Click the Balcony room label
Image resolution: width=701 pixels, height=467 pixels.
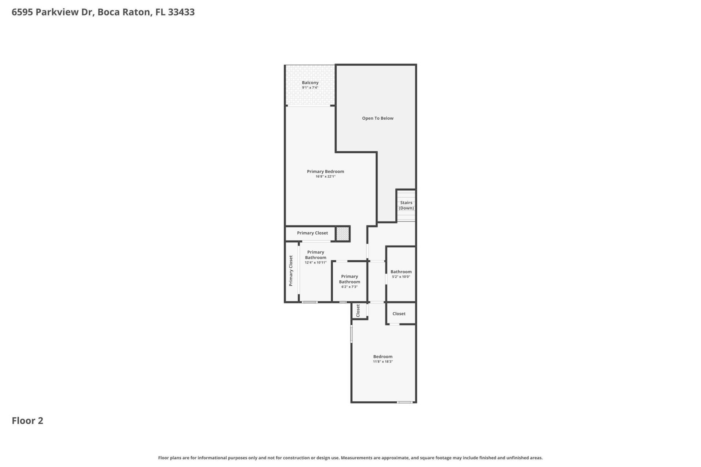click(x=310, y=83)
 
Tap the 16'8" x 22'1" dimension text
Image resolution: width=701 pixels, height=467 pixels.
click(x=325, y=177)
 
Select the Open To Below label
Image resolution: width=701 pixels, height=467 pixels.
click(x=378, y=118)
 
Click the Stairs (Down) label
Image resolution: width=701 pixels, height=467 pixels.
click(x=406, y=205)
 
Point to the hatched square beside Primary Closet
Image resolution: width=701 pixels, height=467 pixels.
click(x=342, y=233)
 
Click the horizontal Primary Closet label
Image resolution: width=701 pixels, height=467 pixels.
click(x=312, y=233)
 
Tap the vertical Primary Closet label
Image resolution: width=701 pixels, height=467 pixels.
click(x=291, y=271)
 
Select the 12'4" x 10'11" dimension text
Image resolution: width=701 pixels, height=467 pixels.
click(x=315, y=263)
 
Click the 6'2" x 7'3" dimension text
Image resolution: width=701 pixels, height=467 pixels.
click(x=349, y=287)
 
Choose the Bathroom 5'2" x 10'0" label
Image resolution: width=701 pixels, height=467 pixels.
click(x=401, y=274)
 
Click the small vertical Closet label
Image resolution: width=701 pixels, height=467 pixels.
click(x=358, y=310)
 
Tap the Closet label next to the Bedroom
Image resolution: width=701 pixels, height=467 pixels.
click(x=399, y=314)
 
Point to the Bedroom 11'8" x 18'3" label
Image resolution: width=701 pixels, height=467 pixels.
click(x=383, y=359)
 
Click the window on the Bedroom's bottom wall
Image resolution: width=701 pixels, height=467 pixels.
click(x=405, y=402)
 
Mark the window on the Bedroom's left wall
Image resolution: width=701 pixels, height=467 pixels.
click(x=352, y=334)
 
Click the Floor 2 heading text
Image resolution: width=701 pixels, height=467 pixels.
click(x=27, y=421)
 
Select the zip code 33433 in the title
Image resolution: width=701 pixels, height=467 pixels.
click(x=181, y=12)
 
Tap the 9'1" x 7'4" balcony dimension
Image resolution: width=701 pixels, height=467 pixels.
click(x=310, y=88)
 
